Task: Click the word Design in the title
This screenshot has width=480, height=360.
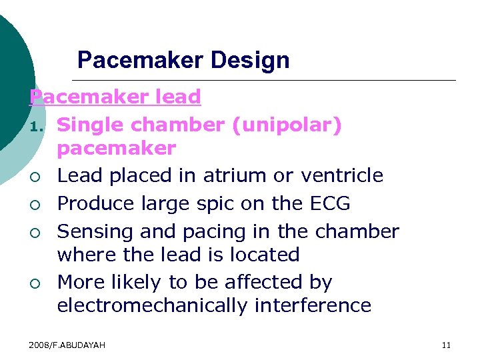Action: (x=249, y=61)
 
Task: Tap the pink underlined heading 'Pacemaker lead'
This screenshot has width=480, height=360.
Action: (x=115, y=97)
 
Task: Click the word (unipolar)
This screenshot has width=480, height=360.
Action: (x=287, y=125)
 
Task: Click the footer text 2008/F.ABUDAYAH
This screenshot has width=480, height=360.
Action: (x=67, y=345)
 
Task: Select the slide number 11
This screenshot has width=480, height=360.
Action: (x=446, y=345)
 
